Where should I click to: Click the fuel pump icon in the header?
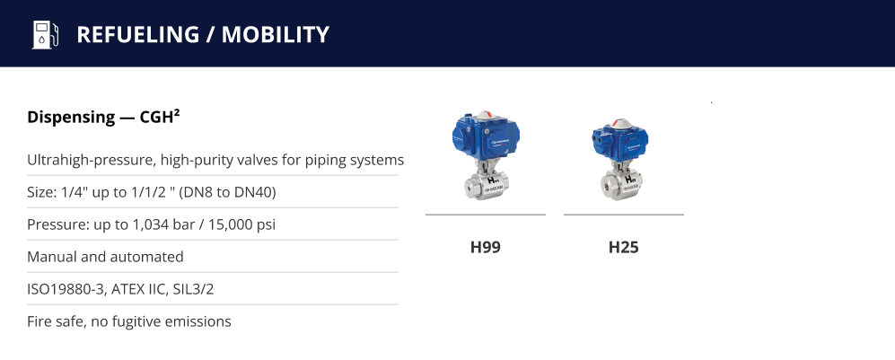tap(45, 34)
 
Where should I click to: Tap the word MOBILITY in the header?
tap(276, 34)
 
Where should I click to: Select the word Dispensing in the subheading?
tap(71, 118)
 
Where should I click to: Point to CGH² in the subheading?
tap(160, 117)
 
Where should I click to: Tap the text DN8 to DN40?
tap(231, 192)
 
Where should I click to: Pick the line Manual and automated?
tap(106, 257)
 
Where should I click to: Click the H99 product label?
tap(485, 247)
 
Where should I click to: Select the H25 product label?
tap(623, 247)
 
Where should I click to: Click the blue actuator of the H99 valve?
tap(485, 136)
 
